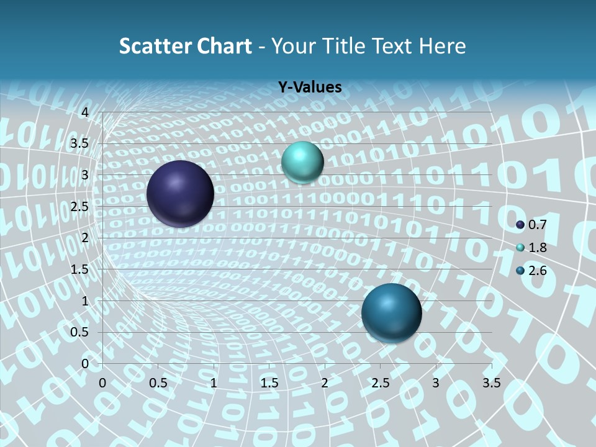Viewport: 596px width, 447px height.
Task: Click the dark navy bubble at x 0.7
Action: pos(180,194)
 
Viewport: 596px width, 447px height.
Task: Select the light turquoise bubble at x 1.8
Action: pos(302,162)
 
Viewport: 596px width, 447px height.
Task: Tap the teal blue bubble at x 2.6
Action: pos(391,313)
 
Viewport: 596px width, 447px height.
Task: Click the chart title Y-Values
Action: pos(310,88)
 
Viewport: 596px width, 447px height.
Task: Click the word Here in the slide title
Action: pos(442,46)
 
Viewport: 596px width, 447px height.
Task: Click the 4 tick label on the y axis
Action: pos(85,112)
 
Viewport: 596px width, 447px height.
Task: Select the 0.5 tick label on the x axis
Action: pos(158,383)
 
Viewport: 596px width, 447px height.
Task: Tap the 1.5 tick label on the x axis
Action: pos(269,383)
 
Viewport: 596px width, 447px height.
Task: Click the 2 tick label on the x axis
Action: pos(325,383)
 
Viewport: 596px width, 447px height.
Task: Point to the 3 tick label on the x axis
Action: pos(436,383)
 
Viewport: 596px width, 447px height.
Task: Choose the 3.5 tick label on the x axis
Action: pos(491,383)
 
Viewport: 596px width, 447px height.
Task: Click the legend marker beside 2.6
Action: pos(520,271)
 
